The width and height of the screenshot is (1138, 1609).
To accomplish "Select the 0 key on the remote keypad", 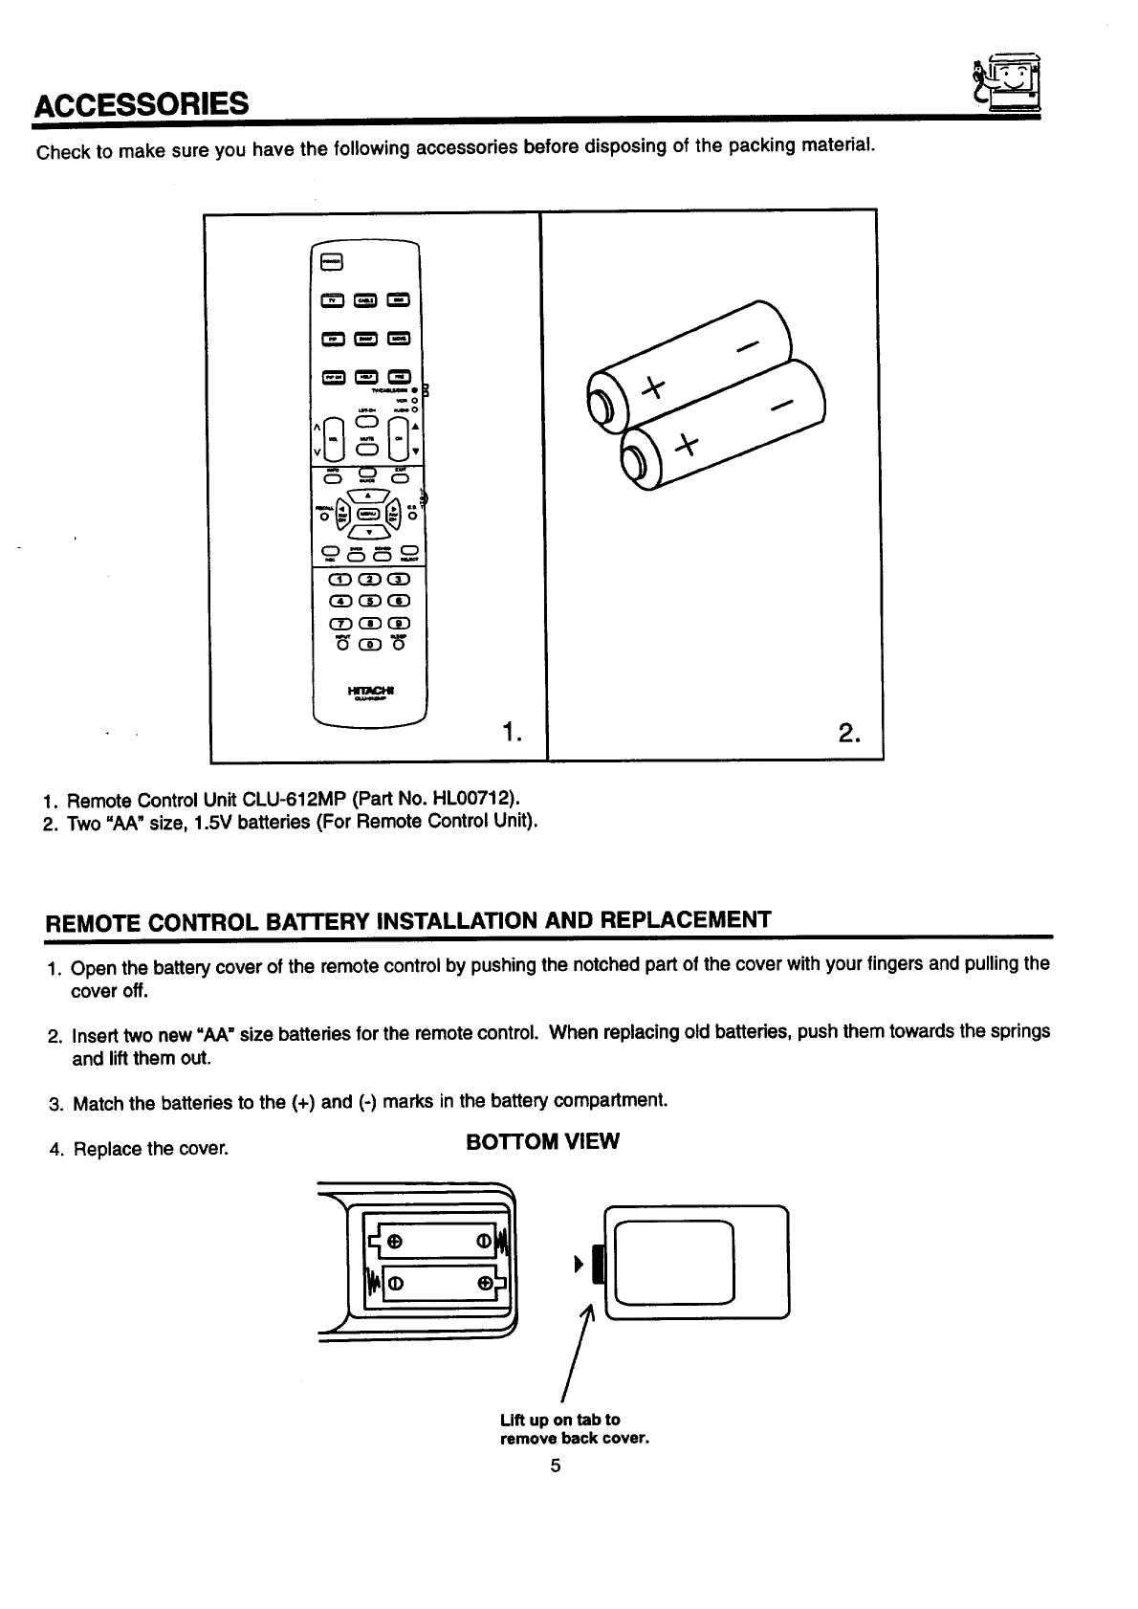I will point(368,644).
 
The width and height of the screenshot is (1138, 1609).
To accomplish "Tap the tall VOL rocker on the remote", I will point(332,437).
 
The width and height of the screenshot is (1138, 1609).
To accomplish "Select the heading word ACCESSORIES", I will point(142,102).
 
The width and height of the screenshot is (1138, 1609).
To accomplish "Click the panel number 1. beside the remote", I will point(512,733).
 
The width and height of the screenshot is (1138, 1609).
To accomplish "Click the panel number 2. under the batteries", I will point(848,733).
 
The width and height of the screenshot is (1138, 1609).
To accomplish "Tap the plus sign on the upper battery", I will point(652,388).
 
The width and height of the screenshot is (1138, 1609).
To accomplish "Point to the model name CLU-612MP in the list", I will point(303,799).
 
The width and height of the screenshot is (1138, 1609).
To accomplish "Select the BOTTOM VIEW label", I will point(542,1141).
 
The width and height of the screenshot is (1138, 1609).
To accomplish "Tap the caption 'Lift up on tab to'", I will point(559,1420).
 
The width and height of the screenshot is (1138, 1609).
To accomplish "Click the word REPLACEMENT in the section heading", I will point(683,920).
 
